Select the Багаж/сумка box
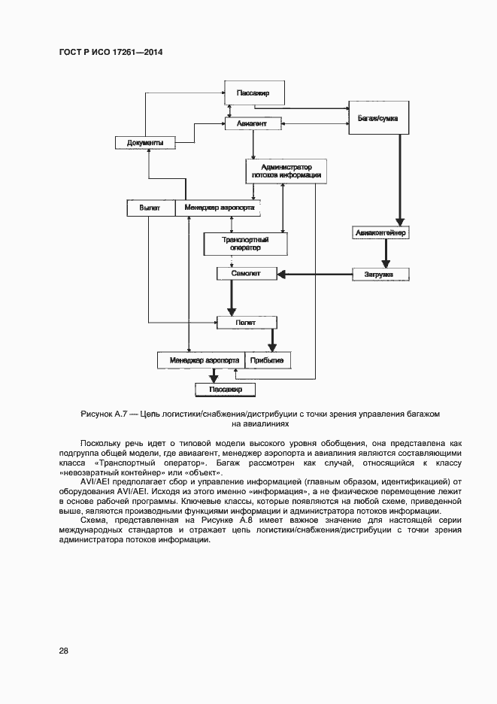pyautogui.click(x=378, y=119)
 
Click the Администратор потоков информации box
pyautogui.click(x=285, y=170)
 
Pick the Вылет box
pyautogui.click(x=150, y=208)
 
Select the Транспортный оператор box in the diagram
pyautogui.click(x=246, y=243)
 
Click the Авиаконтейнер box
pyautogui.click(x=381, y=232)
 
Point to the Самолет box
pyautogui.click(x=238, y=274)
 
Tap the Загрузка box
pyautogui.click(x=380, y=274)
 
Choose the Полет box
pyautogui.click(x=247, y=322)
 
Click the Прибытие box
pyautogui.click(x=266, y=360)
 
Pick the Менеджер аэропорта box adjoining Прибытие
pyautogui.click(x=200, y=360)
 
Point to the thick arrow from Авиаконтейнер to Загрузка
pyautogui.click(x=385, y=253)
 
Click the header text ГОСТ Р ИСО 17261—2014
pyautogui.click(x=111, y=53)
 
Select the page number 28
pyautogui.click(x=63, y=651)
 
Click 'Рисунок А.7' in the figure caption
pyautogui.click(x=105, y=414)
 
